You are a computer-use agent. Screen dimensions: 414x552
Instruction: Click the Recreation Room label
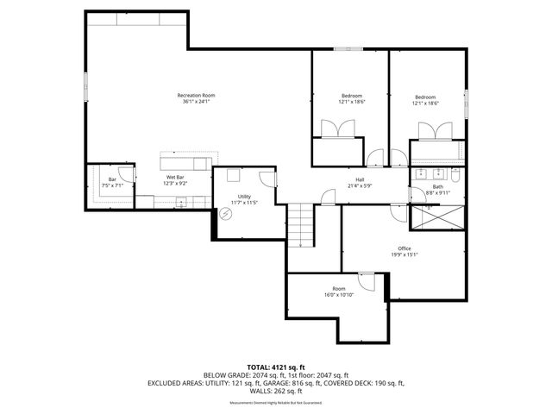pos(196,95)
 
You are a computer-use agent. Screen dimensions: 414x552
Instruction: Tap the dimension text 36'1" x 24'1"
pos(196,102)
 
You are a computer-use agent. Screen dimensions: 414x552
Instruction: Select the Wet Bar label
pos(175,178)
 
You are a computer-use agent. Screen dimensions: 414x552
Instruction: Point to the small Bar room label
pos(112,179)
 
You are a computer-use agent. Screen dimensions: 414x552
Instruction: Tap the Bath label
pos(438,186)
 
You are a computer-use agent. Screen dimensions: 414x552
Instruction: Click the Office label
pos(405,248)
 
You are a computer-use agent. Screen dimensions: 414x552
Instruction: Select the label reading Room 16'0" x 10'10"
pos(339,292)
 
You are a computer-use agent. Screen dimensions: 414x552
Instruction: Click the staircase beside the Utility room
pos(301,226)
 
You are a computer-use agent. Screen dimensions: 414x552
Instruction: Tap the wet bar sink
pos(181,202)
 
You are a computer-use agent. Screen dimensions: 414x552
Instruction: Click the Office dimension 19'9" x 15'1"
pos(405,254)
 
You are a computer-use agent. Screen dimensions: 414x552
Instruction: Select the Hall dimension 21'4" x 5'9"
pos(354,186)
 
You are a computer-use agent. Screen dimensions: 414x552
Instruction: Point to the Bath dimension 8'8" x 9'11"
pos(438,192)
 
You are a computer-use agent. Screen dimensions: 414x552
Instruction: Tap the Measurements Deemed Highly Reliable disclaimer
pos(276,402)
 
